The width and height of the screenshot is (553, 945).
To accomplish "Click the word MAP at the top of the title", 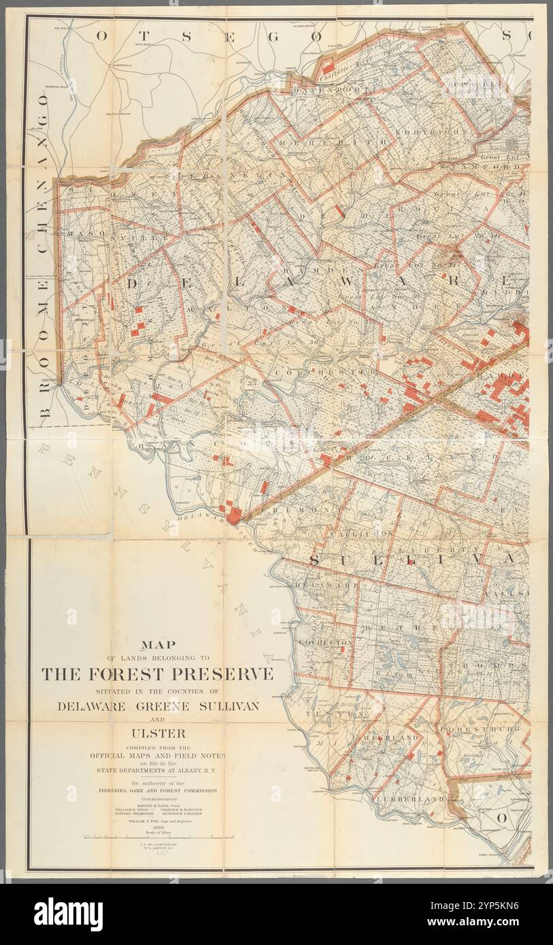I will pyautogui.click(x=158, y=645).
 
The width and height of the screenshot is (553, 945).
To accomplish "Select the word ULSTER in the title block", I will pyautogui.click(x=158, y=733).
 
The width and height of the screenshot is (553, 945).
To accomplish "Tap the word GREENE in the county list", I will pyautogui.click(x=158, y=706).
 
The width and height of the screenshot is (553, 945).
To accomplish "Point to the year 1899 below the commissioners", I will pyautogui.click(x=158, y=826).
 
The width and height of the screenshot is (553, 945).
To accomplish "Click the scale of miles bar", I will pyautogui.click(x=158, y=838).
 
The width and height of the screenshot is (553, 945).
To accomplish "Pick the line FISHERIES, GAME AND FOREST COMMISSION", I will pyautogui.click(x=158, y=791).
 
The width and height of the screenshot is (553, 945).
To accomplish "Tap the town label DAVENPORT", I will pyautogui.click(x=331, y=89).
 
